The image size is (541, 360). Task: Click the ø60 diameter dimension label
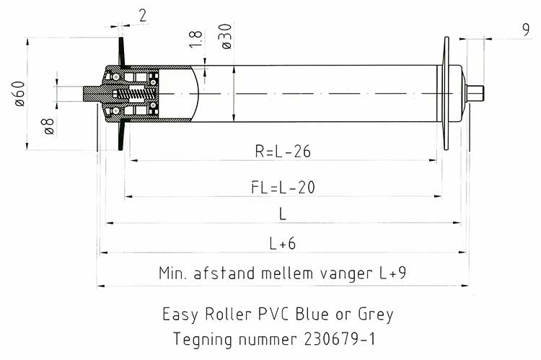(x=19, y=94)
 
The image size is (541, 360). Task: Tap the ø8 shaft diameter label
(x=48, y=126)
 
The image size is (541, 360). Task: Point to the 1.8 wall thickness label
(x=195, y=39)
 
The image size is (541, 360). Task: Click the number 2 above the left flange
(x=143, y=16)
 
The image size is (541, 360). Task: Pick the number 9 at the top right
(x=525, y=30)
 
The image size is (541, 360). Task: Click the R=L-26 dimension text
(x=283, y=152)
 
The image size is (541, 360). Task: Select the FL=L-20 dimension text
(x=283, y=188)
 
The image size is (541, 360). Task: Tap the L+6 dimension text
(x=283, y=244)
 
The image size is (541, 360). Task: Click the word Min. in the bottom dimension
(x=173, y=273)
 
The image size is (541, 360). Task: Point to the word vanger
(x=346, y=274)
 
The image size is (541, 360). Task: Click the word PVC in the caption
(x=273, y=314)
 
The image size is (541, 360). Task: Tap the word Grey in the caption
(x=376, y=315)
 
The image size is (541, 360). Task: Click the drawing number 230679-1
(x=340, y=339)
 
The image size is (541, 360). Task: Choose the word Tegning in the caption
(x=203, y=340)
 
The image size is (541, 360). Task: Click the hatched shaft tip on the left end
(x=92, y=94)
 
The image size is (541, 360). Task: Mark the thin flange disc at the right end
(x=446, y=93)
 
